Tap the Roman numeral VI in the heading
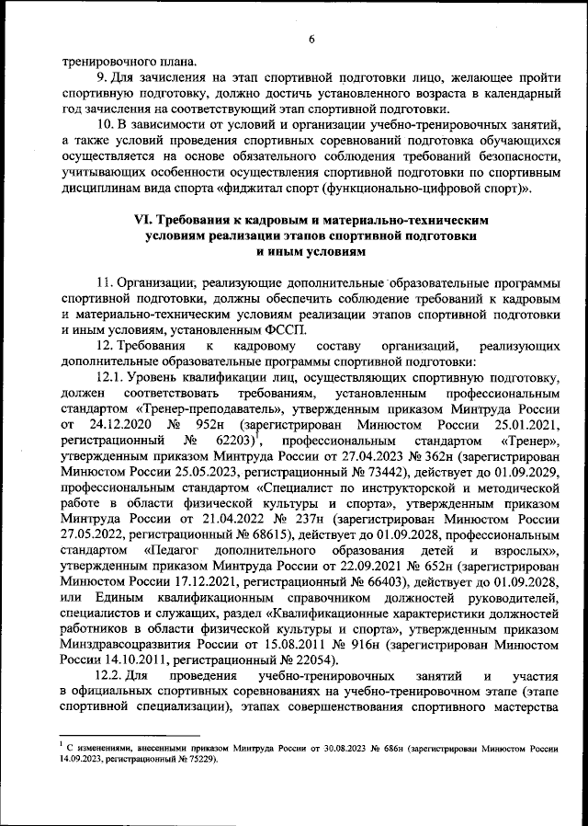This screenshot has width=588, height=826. point(144,222)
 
